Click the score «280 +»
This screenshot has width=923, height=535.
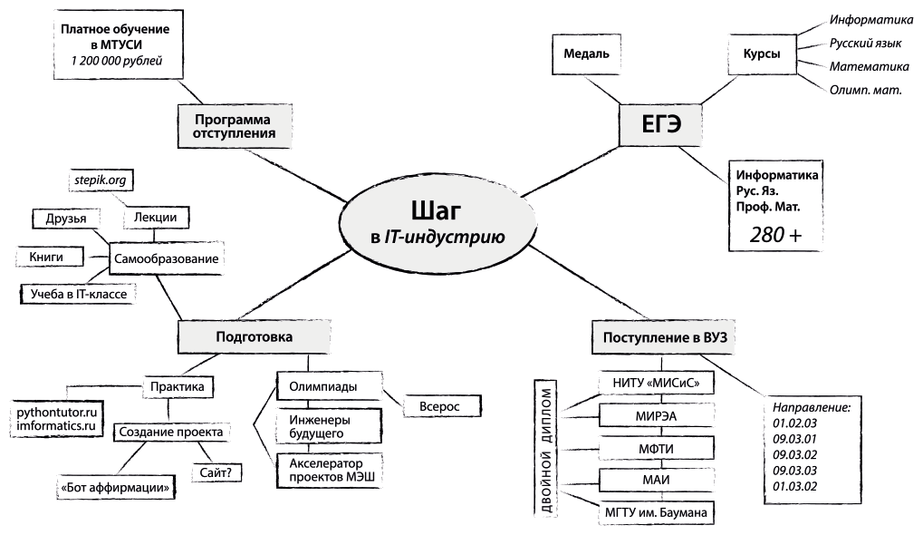775,234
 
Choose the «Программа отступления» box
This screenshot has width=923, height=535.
234,127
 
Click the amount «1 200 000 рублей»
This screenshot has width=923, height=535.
116,60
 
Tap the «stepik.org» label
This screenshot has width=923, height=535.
101,180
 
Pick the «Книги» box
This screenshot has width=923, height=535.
46,258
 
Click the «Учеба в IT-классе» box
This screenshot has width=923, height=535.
78,293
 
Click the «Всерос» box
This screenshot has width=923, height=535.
438,406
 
